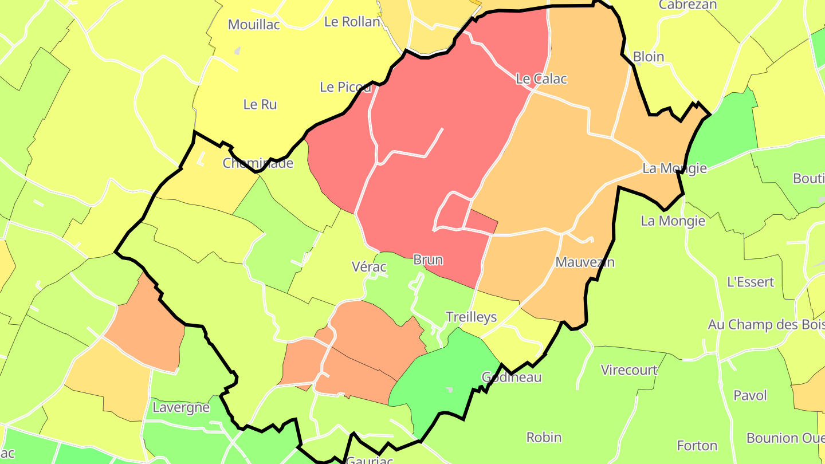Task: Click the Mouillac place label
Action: (254, 25)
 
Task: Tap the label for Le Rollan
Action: (352, 22)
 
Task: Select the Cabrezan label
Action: (687, 5)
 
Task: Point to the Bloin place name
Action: (649, 57)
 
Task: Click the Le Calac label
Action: (541, 79)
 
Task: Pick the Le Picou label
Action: (345, 87)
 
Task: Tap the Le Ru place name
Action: (260, 104)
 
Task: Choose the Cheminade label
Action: (258, 163)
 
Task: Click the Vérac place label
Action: (369, 266)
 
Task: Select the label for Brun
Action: (428, 259)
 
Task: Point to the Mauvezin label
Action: (585, 262)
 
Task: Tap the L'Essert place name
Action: (750, 282)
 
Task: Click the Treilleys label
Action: (471, 317)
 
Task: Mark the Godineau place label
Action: (511, 377)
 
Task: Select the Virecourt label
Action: (628, 370)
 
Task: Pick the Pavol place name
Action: (750, 395)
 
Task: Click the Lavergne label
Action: (180, 408)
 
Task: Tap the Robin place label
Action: (544, 437)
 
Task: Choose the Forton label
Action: (697, 445)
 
